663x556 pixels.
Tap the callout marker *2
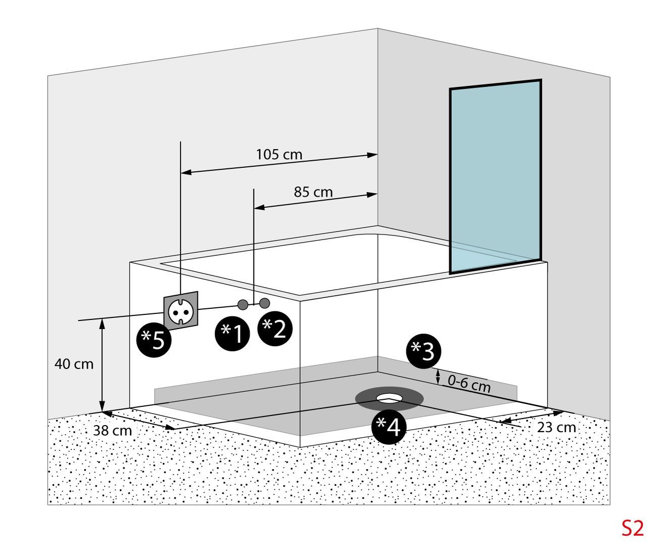pyautogui.click(x=275, y=329)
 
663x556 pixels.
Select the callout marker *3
pyautogui.click(x=424, y=351)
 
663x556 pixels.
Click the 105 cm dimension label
pyautogui.click(x=279, y=154)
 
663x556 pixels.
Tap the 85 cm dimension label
pyautogui.click(x=313, y=192)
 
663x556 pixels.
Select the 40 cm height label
pyautogui.click(x=74, y=364)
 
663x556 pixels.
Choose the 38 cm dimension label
pyautogui.click(x=112, y=431)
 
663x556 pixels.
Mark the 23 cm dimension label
pyautogui.click(x=556, y=428)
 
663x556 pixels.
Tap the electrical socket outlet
pyautogui.click(x=180, y=310)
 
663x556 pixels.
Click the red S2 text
pyautogui.click(x=633, y=529)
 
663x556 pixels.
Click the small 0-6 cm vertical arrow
pyautogui.click(x=438, y=377)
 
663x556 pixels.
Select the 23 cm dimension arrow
pyautogui.click(x=531, y=415)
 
